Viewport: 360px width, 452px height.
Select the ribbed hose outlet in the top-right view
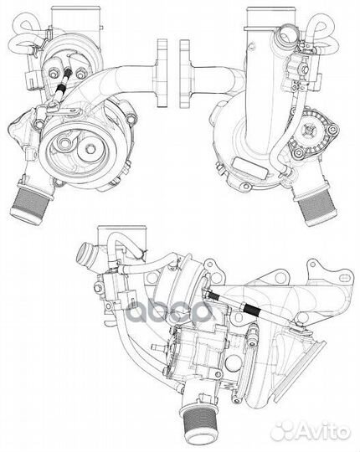point(319,204)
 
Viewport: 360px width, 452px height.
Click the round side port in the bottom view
point(86,252)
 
